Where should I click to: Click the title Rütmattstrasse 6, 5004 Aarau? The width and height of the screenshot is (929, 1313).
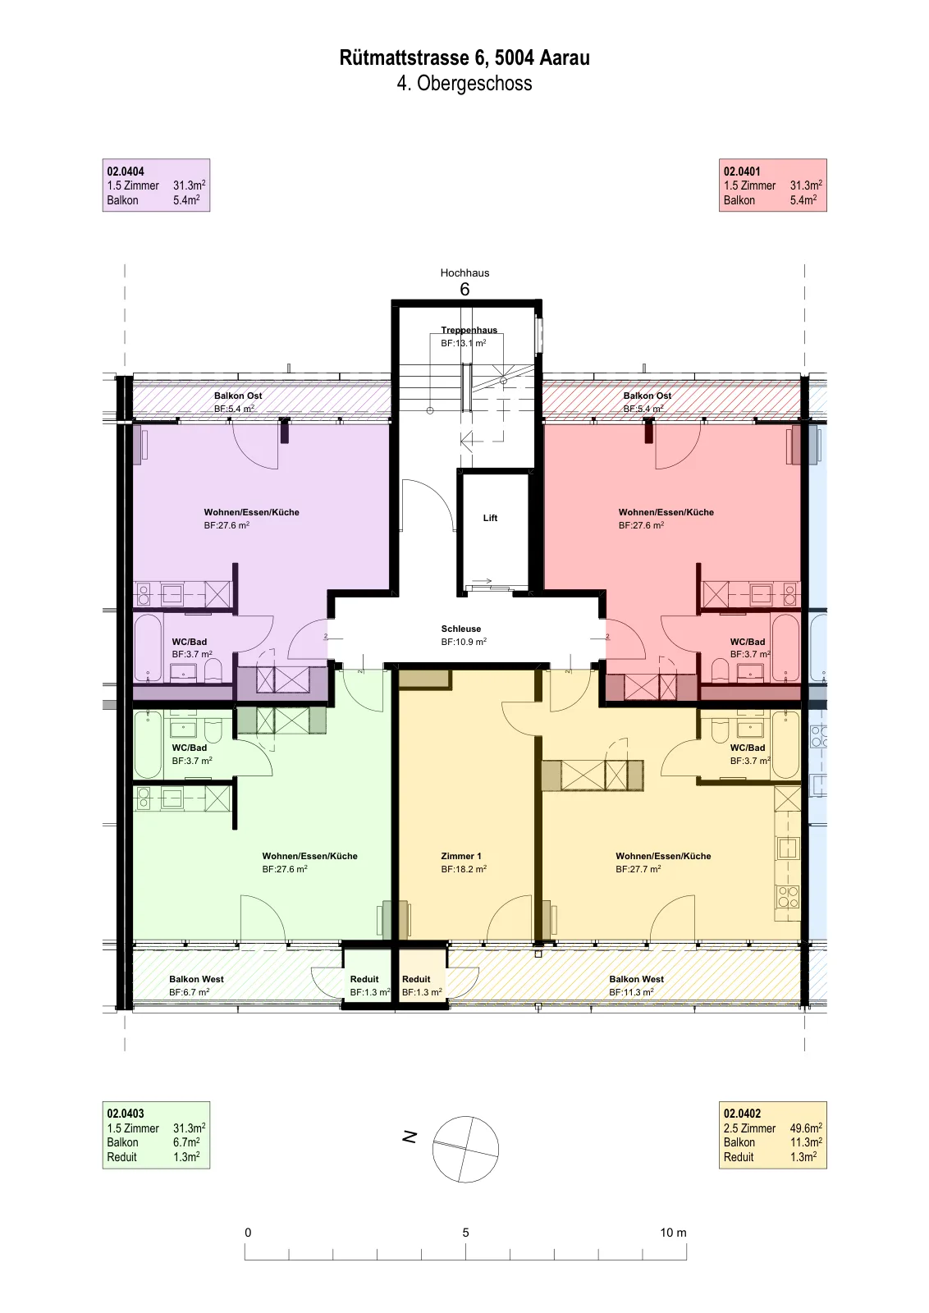(x=464, y=58)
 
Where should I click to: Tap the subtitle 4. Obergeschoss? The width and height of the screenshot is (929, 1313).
(x=464, y=83)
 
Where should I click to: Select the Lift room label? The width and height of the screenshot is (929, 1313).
(x=490, y=518)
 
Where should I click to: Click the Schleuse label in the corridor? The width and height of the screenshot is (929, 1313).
(x=460, y=629)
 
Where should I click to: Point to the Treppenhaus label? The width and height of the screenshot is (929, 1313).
(x=469, y=330)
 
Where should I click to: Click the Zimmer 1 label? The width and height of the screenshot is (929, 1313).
(x=460, y=856)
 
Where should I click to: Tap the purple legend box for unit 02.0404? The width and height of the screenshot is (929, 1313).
(x=156, y=185)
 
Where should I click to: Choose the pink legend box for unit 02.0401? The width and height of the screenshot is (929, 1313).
(x=772, y=185)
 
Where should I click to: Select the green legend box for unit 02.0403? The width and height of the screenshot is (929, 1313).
(x=156, y=1135)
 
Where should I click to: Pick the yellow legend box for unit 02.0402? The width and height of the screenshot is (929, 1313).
(x=772, y=1135)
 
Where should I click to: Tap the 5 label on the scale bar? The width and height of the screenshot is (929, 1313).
(x=465, y=1232)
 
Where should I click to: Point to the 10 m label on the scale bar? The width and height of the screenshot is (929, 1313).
(x=673, y=1232)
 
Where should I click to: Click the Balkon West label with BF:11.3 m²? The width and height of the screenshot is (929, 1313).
(x=636, y=979)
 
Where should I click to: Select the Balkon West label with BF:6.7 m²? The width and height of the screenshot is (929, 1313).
(x=196, y=979)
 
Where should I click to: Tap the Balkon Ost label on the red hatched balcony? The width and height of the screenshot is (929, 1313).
(x=647, y=396)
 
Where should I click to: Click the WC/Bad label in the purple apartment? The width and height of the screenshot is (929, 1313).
(x=189, y=642)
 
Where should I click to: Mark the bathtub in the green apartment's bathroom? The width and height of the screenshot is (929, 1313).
(x=148, y=745)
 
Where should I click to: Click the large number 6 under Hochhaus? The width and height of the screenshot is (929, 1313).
(x=464, y=289)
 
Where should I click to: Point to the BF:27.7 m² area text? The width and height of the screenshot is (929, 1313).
(x=638, y=869)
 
